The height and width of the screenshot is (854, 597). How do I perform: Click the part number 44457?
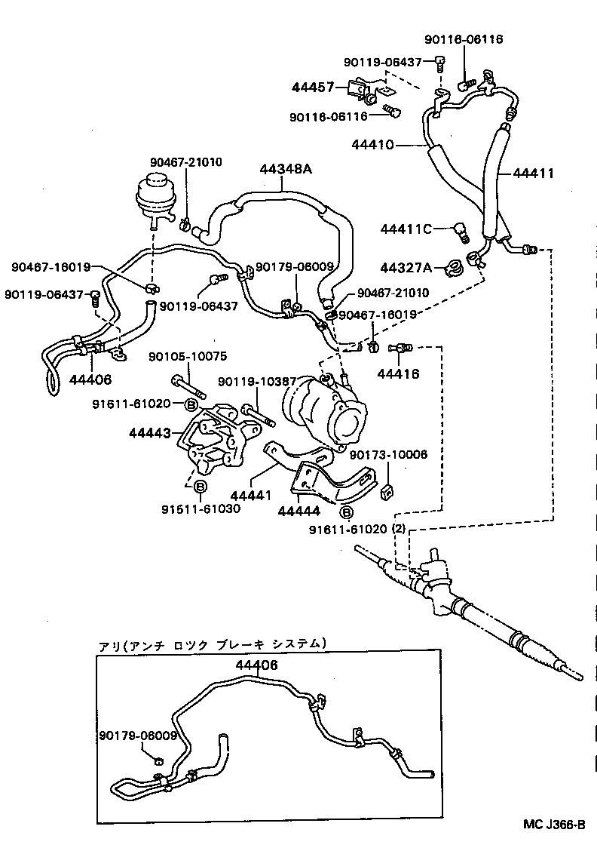point(313,88)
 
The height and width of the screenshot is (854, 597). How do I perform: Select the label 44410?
point(372,144)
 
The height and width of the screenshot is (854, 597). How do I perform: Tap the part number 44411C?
point(406,229)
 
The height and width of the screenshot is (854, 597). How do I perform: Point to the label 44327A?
point(406,267)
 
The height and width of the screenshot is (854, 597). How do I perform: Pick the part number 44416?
point(397,373)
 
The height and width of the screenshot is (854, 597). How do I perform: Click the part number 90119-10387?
point(251,382)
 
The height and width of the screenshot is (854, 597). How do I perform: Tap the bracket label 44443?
point(149,433)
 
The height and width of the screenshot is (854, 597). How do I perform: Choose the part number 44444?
point(298,511)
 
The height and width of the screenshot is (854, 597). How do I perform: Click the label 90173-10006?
point(388,455)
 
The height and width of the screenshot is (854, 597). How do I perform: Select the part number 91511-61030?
point(201,508)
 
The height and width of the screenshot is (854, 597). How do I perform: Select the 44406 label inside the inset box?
point(256,665)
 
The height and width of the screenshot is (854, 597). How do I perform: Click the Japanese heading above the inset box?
point(213,644)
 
